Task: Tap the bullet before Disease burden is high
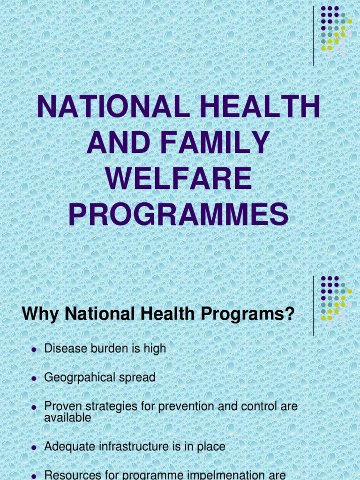pyautogui.click(x=33, y=350)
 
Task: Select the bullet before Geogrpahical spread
pyautogui.click(x=33, y=379)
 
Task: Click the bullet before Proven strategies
pyautogui.click(x=33, y=407)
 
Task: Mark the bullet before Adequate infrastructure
pyautogui.click(x=33, y=448)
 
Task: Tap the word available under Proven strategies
pyautogui.click(x=67, y=418)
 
